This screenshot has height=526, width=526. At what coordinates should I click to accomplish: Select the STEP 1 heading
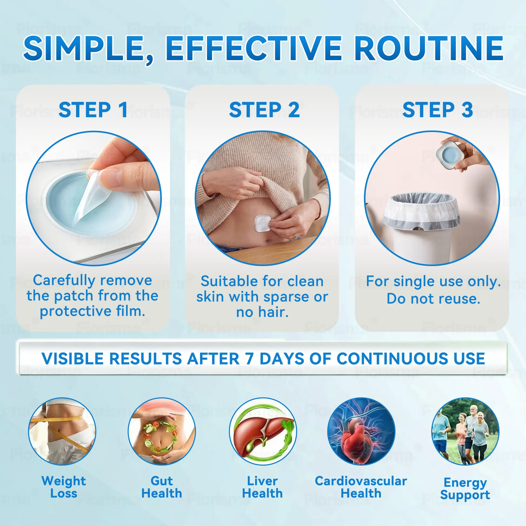point(93,110)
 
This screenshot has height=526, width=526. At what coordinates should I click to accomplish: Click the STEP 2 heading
point(264,110)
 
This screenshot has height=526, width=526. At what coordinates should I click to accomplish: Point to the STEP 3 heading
point(438,110)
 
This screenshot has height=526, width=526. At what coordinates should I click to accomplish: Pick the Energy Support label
point(465,489)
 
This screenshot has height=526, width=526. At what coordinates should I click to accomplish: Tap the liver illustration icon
point(263,431)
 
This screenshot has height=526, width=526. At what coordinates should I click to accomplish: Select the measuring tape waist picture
point(62,431)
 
